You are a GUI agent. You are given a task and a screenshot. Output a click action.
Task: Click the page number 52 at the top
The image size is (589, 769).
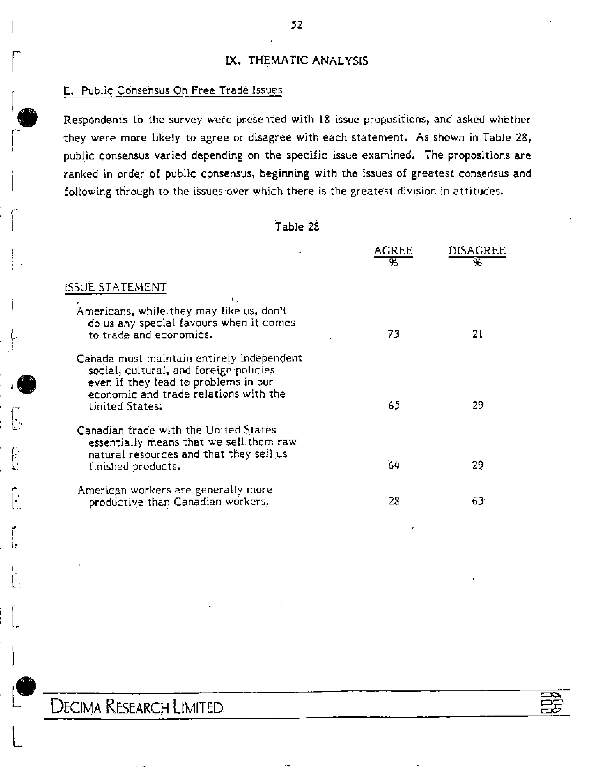coord(297,25)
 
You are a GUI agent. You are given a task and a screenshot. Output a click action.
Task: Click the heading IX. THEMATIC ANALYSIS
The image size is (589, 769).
coord(296,61)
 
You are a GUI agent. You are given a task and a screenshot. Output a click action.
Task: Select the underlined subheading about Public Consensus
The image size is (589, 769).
coord(173,90)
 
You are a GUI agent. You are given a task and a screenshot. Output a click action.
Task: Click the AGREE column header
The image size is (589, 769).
coord(393,251)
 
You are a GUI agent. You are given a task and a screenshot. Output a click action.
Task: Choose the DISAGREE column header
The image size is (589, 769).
coord(477,251)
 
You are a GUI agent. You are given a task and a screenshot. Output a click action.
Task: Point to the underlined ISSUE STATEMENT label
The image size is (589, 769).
coord(115,287)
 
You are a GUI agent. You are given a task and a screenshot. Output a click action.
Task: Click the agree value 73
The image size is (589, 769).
coord(394,334)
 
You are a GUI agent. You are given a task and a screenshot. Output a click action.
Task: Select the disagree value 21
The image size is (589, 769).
coord(477,334)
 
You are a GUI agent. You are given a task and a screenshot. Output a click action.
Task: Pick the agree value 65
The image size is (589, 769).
coord(394,405)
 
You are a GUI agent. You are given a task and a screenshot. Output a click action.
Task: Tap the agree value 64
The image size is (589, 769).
coord(394,465)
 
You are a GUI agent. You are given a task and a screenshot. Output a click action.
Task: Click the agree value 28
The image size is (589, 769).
coord(394,501)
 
